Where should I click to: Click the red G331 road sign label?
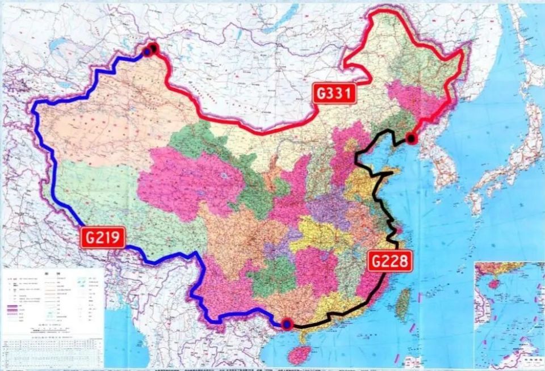(x=334, y=94)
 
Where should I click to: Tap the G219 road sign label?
(x=103, y=237)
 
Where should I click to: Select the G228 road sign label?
(x=389, y=262)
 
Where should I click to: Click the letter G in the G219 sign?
(x=89, y=237)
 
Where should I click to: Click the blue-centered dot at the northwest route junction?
(x=147, y=52)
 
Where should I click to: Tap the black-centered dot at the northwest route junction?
(x=154, y=48)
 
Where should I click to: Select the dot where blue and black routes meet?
(x=288, y=324)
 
